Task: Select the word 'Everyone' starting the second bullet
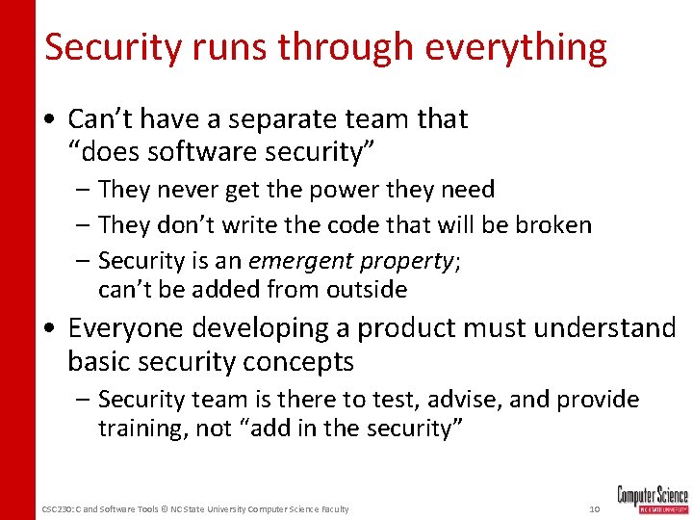pyautogui.click(x=125, y=328)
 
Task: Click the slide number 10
pyautogui.click(x=594, y=508)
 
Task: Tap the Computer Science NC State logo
pyautogui.click(x=653, y=499)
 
